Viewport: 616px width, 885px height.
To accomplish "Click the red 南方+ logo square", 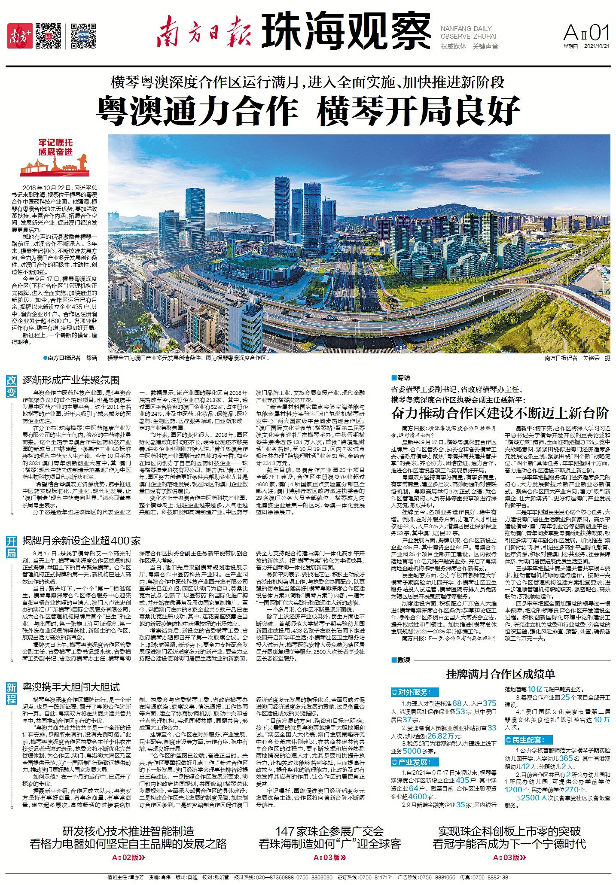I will [x=20, y=36].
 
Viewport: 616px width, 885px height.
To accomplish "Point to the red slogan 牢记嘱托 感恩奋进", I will [x=55, y=147].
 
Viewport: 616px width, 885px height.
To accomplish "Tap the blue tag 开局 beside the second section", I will [x=12, y=546].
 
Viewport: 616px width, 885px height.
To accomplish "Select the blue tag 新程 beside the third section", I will [x=12, y=693].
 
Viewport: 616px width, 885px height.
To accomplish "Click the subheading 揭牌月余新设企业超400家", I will [x=82, y=541].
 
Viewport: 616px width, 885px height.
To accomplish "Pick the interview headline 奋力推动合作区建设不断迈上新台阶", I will [x=500, y=413].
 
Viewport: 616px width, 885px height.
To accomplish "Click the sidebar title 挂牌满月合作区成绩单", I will [x=500, y=674].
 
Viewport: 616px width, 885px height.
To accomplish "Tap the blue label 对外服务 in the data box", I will [x=415, y=692].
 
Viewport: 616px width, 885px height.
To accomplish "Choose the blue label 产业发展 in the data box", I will [x=415, y=762].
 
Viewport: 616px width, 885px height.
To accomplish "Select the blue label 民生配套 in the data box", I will [x=528, y=739].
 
